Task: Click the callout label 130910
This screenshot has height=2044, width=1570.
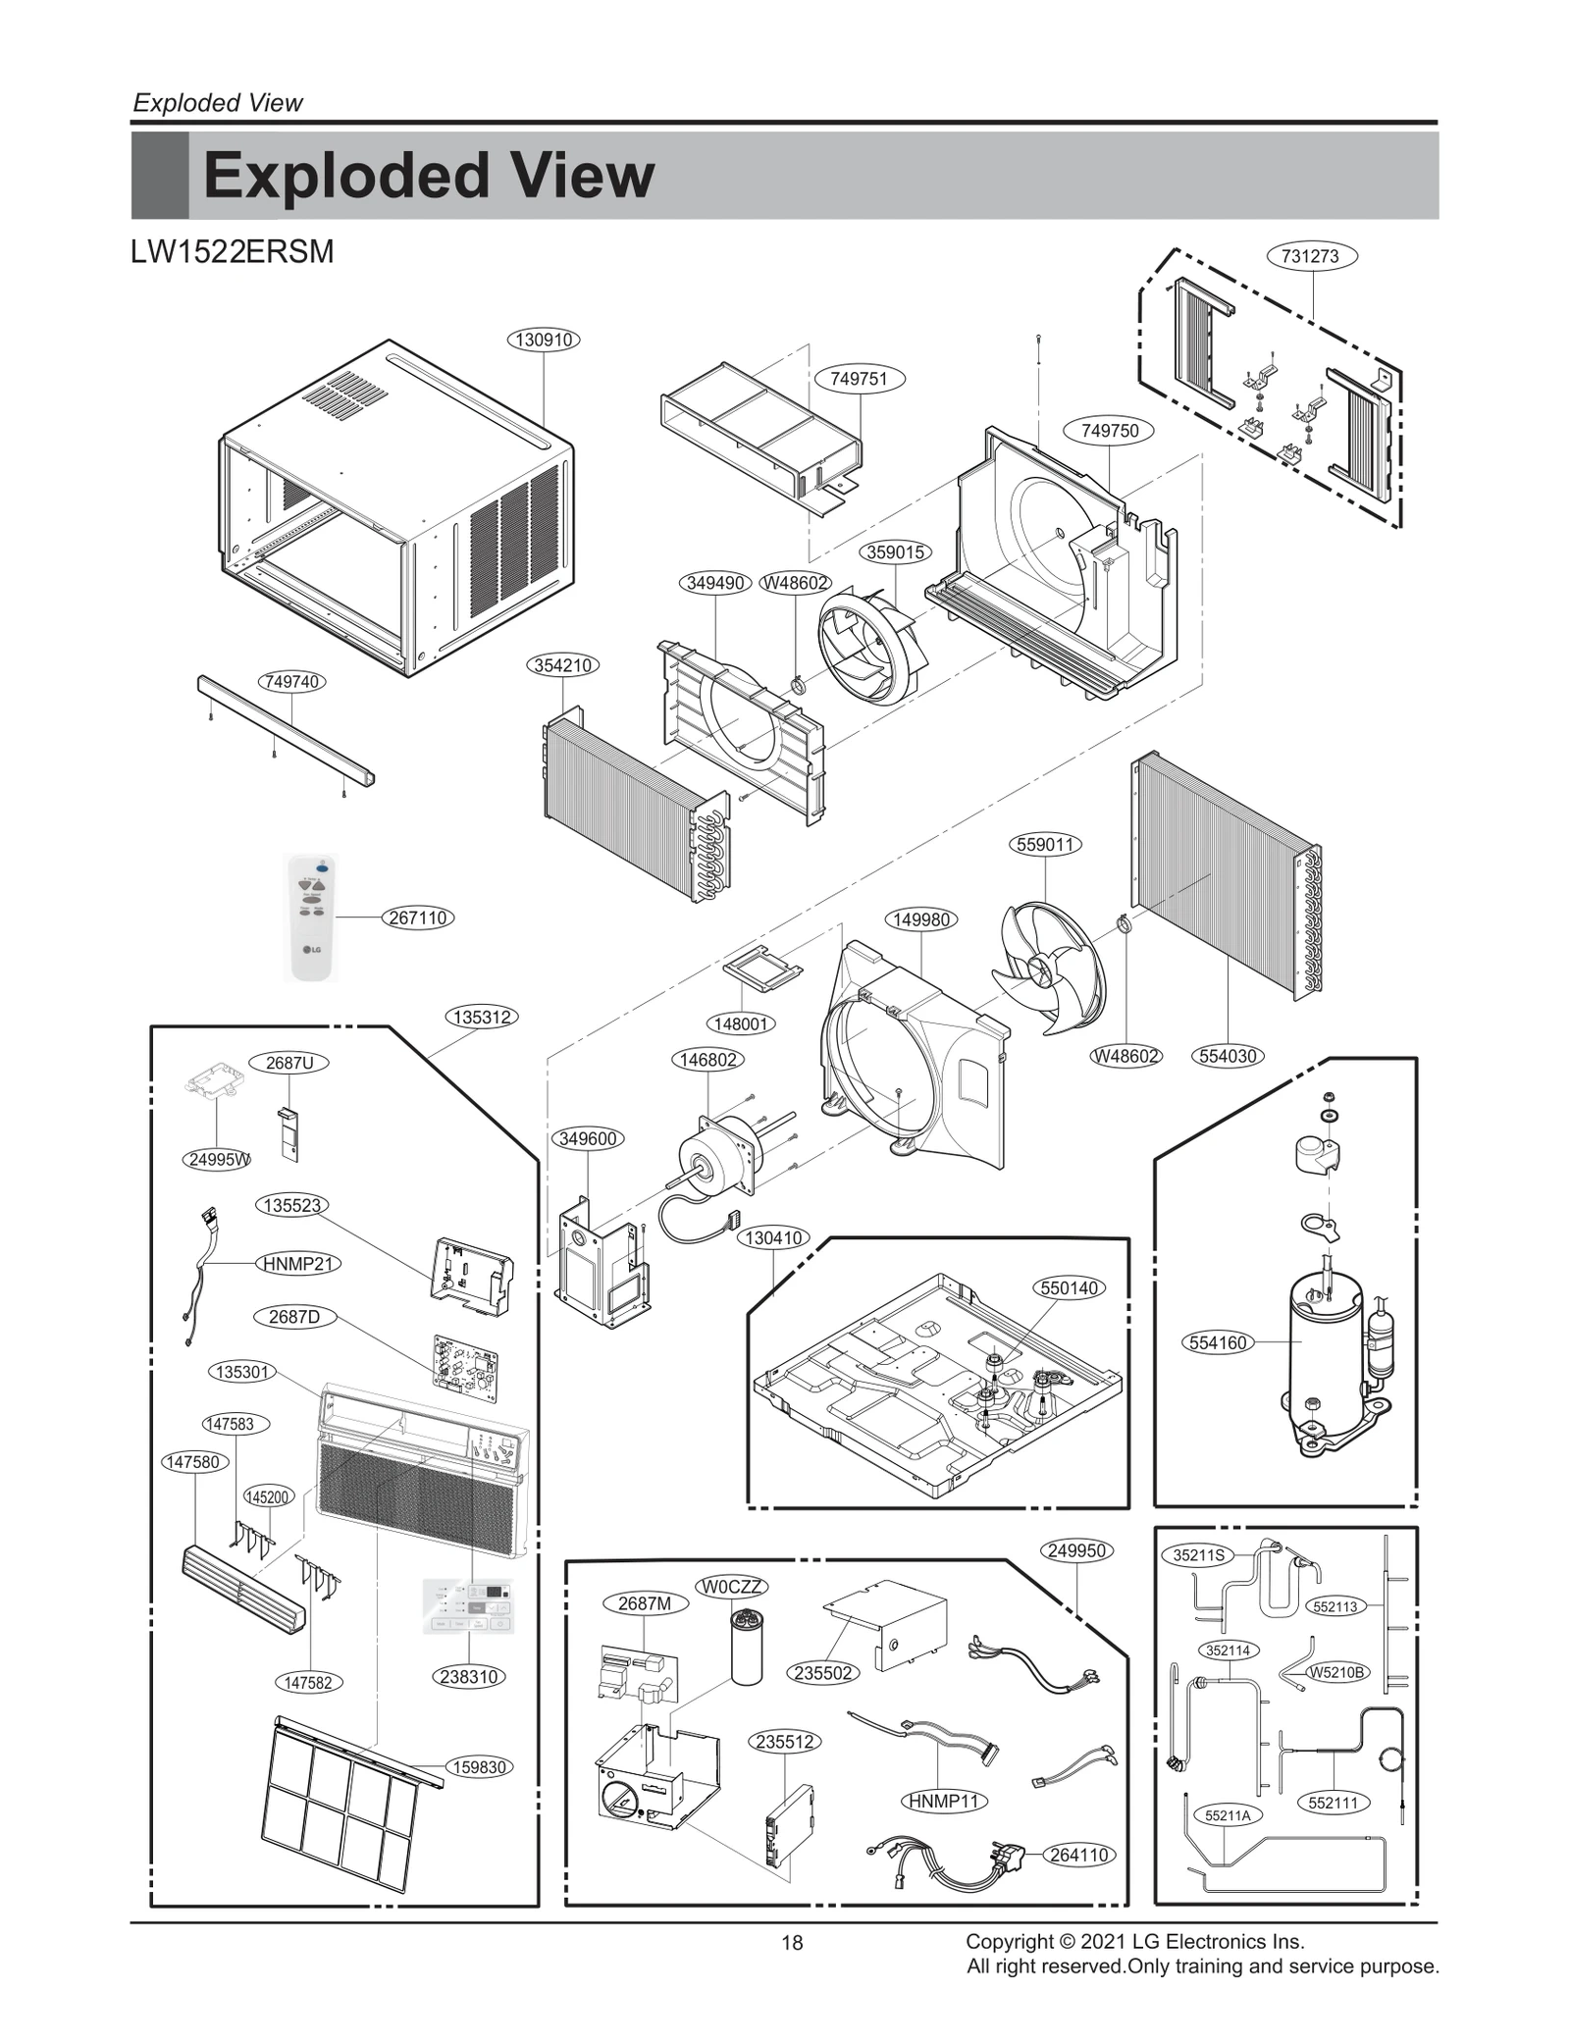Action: (x=544, y=340)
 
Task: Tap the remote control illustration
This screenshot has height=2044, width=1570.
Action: (x=311, y=917)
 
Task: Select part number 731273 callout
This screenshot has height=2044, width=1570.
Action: (x=1310, y=256)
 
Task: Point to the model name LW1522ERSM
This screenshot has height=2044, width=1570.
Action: (x=232, y=252)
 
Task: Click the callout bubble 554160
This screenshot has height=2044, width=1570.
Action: (x=1218, y=1342)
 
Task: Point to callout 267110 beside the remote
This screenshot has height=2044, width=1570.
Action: (x=418, y=917)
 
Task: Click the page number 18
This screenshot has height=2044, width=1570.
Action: (x=792, y=1942)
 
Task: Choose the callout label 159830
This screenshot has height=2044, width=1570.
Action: (x=480, y=1767)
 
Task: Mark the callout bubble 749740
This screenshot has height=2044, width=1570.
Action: (x=292, y=682)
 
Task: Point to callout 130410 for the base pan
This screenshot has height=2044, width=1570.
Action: (x=774, y=1238)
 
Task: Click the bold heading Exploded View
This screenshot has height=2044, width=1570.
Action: (x=428, y=176)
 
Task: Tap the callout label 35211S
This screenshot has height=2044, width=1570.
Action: (x=1199, y=1555)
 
